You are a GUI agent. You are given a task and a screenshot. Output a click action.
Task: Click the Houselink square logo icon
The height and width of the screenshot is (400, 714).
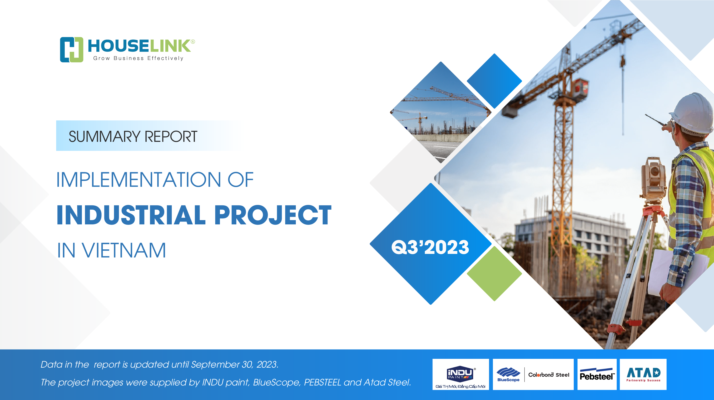(x=71, y=50)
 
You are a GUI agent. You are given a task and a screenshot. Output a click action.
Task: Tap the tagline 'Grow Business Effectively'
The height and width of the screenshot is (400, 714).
(x=138, y=58)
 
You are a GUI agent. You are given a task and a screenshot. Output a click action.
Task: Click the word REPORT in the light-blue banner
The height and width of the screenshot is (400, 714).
(x=171, y=137)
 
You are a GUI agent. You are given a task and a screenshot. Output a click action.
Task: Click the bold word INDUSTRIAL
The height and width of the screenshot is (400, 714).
(x=131, y=215)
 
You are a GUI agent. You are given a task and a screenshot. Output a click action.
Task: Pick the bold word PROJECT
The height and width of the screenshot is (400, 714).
(x=273, y=215)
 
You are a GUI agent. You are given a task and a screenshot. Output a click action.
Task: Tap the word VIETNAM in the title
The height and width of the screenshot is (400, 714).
(x=124, y=250)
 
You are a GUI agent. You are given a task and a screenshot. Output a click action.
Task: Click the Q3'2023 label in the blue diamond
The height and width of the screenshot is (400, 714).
(x=430, y=247)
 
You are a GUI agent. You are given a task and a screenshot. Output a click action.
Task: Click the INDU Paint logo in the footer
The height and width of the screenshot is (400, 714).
(x=461, y=375)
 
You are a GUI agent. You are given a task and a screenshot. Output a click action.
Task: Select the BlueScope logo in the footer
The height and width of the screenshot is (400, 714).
(x=508, y=375)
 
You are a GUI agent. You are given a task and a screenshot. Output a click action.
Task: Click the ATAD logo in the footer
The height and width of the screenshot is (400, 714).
(x=643, y=375)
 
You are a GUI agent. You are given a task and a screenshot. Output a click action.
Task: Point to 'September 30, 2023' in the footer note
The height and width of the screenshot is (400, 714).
(x=234, y=365)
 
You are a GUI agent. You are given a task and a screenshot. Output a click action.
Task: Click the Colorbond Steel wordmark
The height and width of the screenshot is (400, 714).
(x=549, y=375)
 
